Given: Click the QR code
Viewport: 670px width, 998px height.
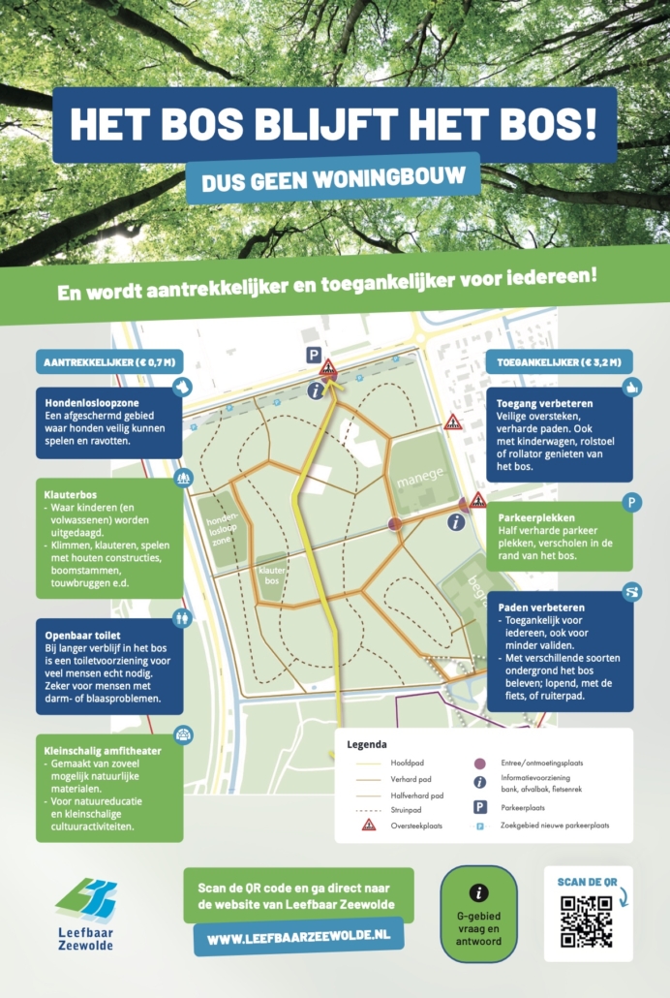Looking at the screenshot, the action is (x=587, y=921).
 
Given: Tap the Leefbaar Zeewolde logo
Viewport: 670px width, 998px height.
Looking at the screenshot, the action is (x=87, y=912).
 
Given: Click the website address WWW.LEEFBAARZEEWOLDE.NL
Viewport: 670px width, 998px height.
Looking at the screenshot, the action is (x=298, y=939).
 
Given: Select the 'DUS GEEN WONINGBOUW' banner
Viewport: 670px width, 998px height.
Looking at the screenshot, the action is (x=333, y=179).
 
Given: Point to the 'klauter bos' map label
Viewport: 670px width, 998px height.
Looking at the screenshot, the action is (x=271, y=576).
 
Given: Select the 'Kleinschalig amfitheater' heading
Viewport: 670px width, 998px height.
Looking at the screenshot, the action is (x=103, y=750).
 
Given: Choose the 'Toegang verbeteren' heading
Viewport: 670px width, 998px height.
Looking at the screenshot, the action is (x=545, y=403).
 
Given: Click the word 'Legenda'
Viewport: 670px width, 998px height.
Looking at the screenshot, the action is (x=368, y=746).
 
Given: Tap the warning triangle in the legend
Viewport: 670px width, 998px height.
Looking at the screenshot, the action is (x=369, y=825).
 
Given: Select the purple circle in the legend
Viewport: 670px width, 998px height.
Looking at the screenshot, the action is (x=478, y=764).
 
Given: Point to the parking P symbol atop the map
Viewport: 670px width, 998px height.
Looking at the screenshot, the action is (x=314, y=356).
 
